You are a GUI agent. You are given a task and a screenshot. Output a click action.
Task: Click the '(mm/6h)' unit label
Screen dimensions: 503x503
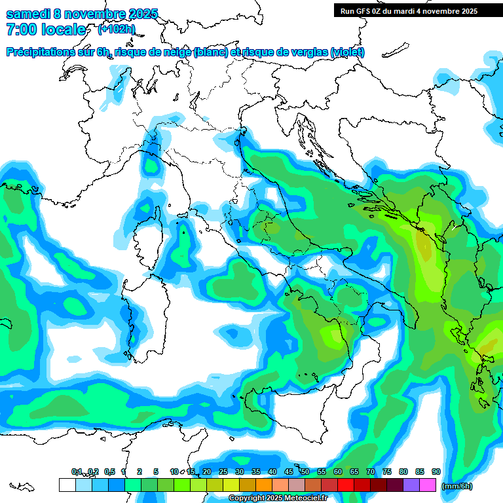pyautogui.click(x=457, y=486)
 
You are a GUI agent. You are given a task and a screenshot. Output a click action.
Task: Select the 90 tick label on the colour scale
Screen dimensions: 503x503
pyautogui.click(x=436, y=472)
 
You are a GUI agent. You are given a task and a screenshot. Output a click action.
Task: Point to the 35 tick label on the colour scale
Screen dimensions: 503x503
pyautogui.click(x=255, y=472)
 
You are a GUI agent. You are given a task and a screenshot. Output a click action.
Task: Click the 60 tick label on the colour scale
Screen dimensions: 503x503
pyautogui.click(x=337, y=472)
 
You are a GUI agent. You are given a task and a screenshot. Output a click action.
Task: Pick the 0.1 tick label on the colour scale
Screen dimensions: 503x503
pyautogui.click(x=77, y=472)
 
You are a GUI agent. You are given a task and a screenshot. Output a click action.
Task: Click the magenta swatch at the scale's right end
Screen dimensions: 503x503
pyautogui.click(x=428, y=485)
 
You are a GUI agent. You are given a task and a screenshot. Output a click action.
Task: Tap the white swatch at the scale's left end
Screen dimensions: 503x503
pyautogui.click(x=67, y=485)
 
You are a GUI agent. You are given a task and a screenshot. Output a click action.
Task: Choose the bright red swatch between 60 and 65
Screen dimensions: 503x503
pyautogui.click(x=346, y=485)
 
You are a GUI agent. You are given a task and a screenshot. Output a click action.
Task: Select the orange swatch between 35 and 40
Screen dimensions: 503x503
pyautogui.click(x=264, y=485)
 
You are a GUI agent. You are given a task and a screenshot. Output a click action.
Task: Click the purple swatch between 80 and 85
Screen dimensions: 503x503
pyautogui.click(x=411, y=485)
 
